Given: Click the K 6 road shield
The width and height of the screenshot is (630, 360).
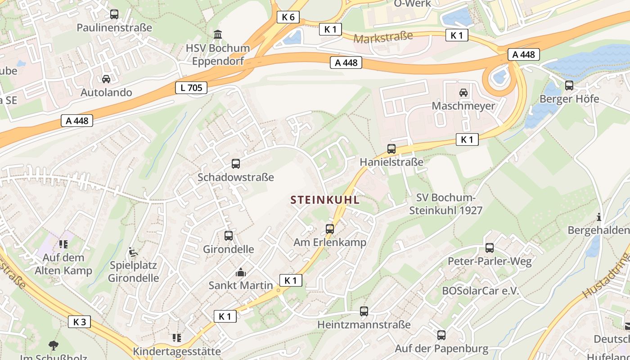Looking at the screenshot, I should click(288, 17).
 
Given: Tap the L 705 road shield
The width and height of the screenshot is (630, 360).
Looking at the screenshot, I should click(191, 88).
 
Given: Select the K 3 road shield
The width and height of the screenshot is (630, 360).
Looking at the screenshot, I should click(79, 321).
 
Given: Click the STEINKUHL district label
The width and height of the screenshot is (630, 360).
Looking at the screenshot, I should click(325, 200).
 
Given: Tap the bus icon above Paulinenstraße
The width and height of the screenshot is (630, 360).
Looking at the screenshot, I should click(114, 14).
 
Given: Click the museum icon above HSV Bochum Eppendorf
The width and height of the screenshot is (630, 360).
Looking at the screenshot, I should click(218, 34).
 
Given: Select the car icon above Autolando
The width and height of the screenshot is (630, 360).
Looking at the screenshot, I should click(106, 79).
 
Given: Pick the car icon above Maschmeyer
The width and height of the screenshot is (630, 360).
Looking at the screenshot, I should click(463, 93).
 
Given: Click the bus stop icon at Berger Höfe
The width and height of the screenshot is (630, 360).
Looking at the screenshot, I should click(569, 85).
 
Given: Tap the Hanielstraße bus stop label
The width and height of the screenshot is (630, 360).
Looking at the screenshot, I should click(391, 162).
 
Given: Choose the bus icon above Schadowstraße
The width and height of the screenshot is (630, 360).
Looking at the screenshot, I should click(236, 164).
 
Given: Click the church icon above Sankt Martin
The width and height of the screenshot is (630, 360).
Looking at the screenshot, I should click(241, 272).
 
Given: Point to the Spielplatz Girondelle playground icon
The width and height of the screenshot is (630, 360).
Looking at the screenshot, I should click(132, 252).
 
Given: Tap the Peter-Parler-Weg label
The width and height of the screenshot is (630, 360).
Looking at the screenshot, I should click(490, 261).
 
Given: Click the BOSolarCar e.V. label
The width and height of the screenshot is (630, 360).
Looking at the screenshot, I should click(481, 291).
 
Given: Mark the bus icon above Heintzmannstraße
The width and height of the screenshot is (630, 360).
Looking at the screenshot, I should click(364, 311).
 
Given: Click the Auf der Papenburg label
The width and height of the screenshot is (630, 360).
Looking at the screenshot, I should click(441, 348).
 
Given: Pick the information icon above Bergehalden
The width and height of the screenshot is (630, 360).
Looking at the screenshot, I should click(598, 217).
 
